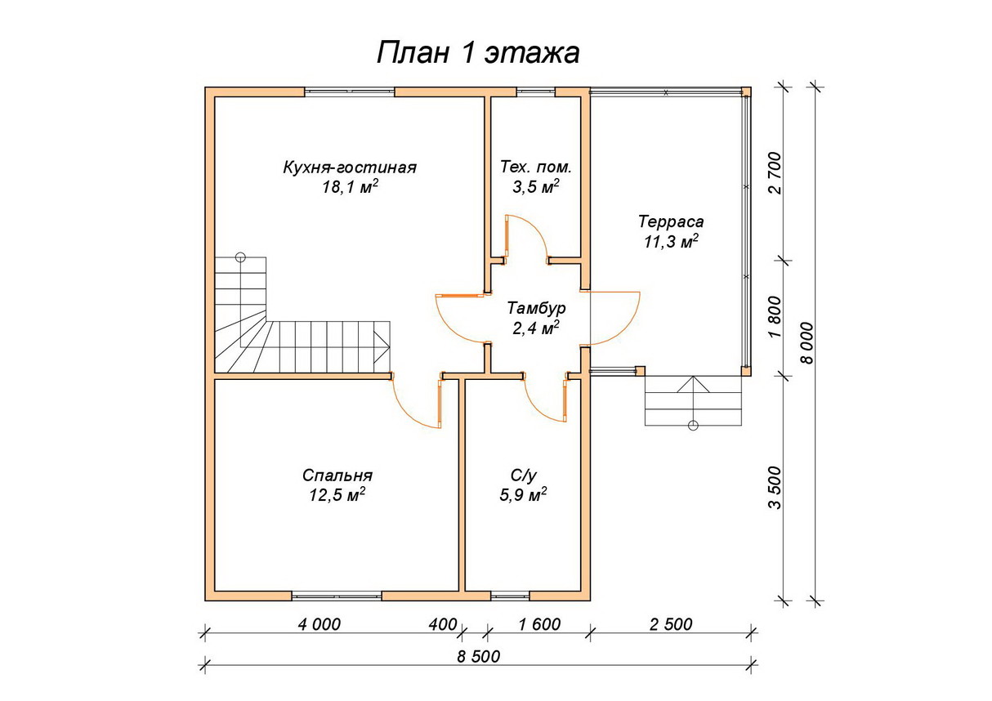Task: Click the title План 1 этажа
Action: click(477, 53)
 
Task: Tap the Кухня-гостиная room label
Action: click(350, 167)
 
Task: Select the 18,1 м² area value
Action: click(350, 188)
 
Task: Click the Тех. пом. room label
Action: click(536, 167)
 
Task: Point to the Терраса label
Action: click(671, 221)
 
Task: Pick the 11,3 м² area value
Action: click(671, 242)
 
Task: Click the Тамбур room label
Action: click(535, 309)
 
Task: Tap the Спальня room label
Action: click(337, 476)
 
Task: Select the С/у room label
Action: click(522, 476)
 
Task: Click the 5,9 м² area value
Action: click(522, 496)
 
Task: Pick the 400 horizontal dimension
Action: click(442, 625)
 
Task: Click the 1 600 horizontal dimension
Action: click(539, 625)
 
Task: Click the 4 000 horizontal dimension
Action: click(319, 625)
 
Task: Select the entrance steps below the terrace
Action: click(694, 401)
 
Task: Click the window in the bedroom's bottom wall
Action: click(337, 595)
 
